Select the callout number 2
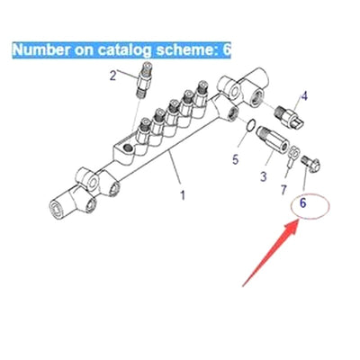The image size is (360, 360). tap(113, 76)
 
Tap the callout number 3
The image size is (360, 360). tap(264, 177)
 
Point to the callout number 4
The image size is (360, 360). tap(304, 95)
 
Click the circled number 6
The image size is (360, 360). tap(303, 203)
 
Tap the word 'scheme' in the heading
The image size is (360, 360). tap(188, 49)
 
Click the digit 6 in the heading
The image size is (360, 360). tap(226, 49)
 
